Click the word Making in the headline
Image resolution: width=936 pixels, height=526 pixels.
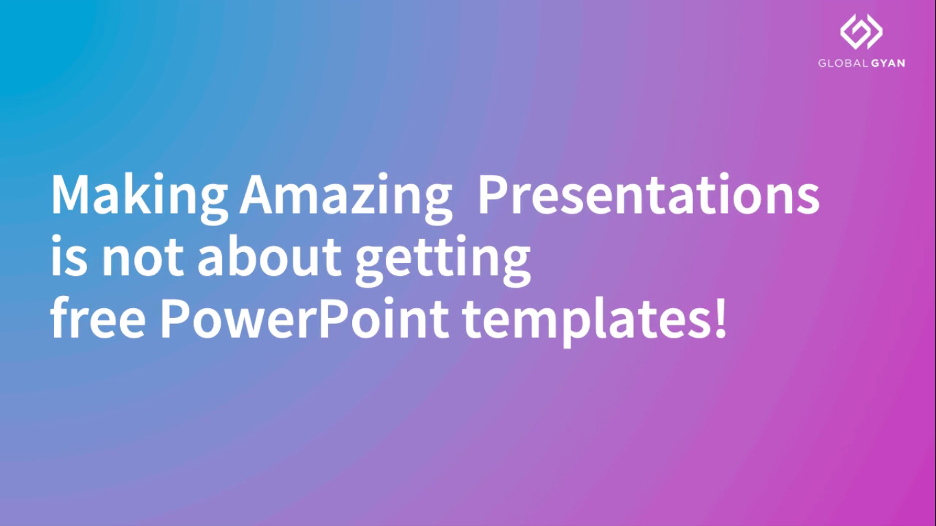pyautogui.click(x=140, y=198)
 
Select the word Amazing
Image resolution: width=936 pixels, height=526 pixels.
pyautogui.click(x=346, y=198)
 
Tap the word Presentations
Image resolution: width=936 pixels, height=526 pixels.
pyautogui.click(x=649, y=194)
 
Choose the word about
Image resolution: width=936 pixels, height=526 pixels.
pyautogui.click(x=269, y=255)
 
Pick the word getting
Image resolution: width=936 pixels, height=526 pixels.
pyautogui.click(x=443, y=260)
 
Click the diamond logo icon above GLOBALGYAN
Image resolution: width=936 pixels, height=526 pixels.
pyautogui.click(x=861, y=32)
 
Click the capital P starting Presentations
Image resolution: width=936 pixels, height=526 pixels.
pyautogui.click(x=493, y=194)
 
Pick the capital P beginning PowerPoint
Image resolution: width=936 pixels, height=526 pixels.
pyautogui.click(x=175, y=318)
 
